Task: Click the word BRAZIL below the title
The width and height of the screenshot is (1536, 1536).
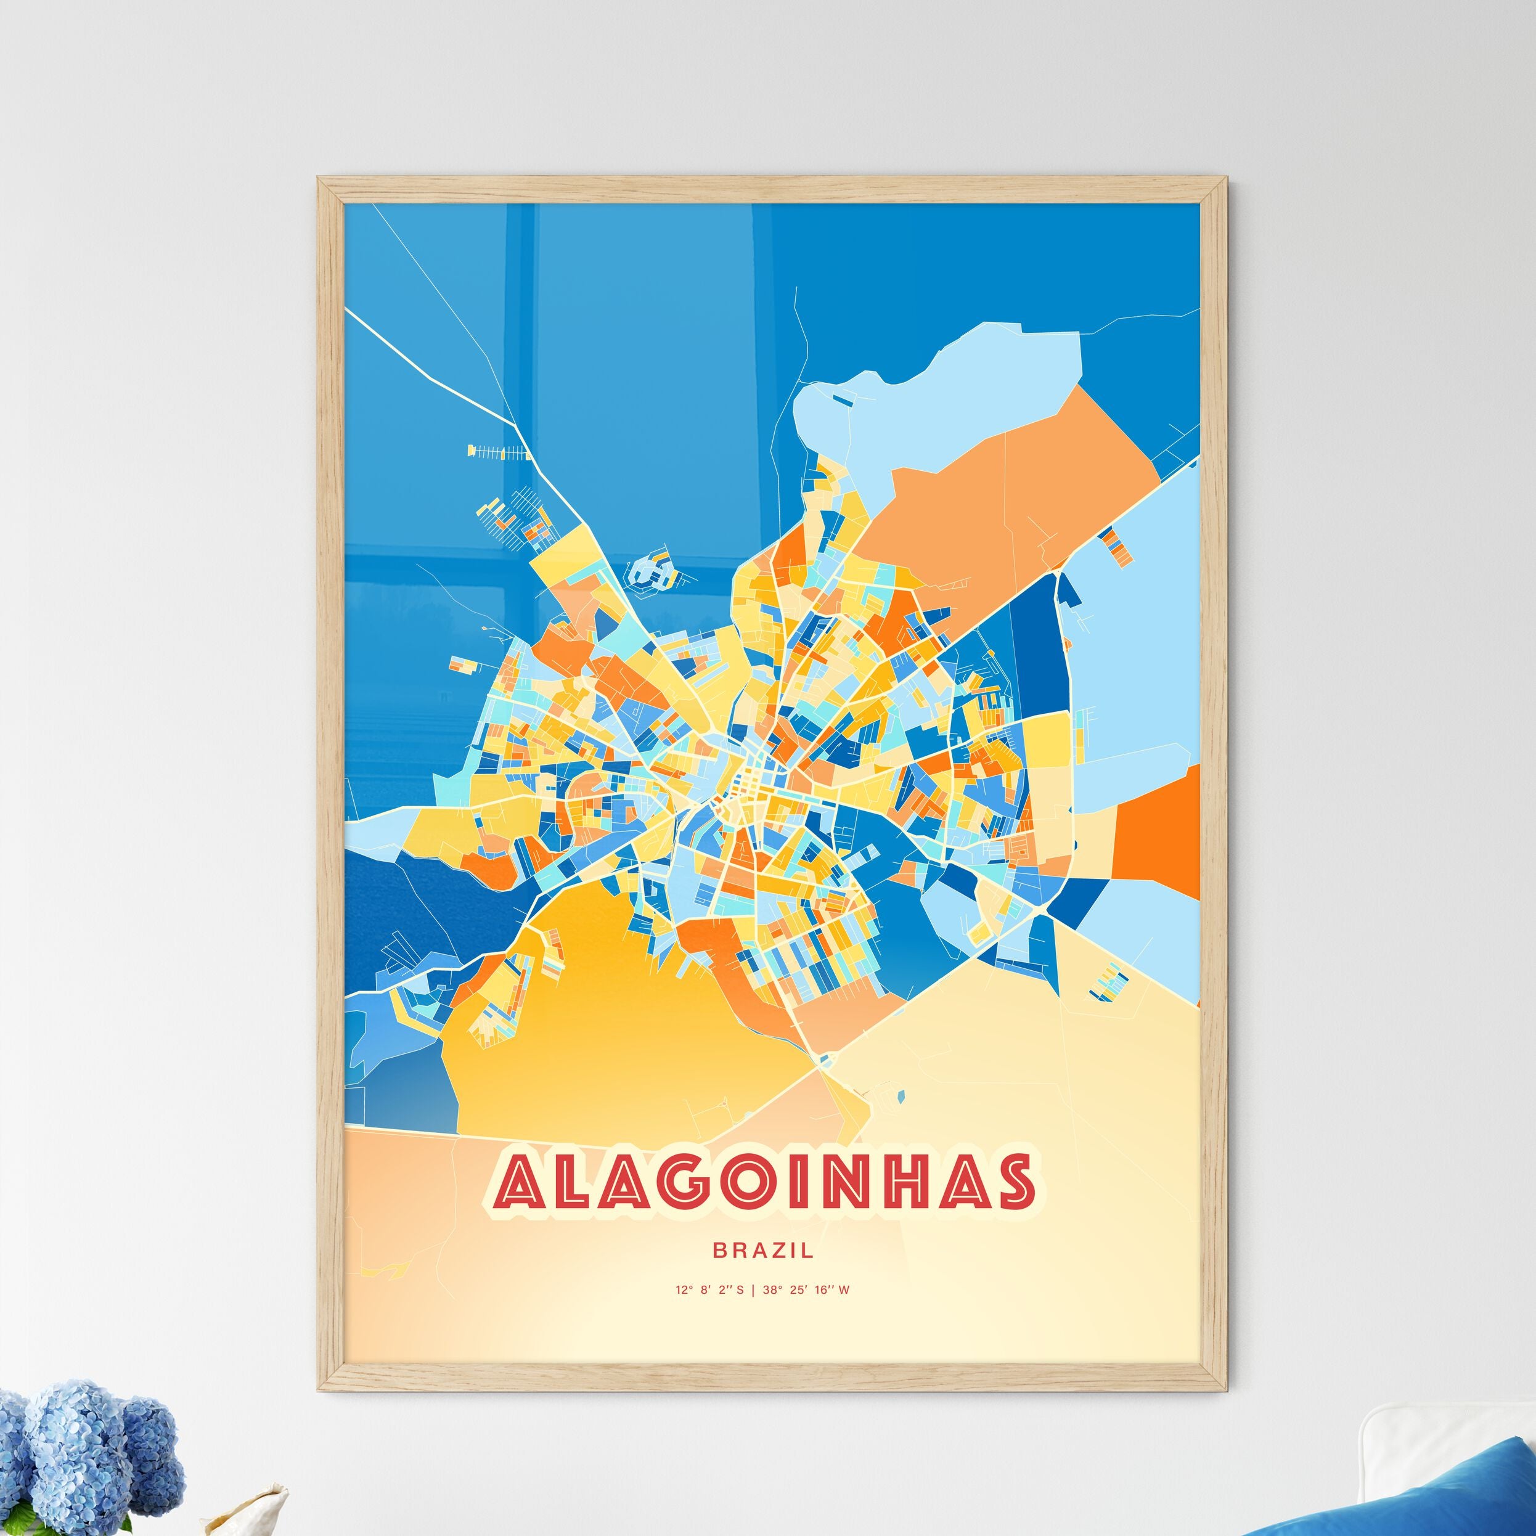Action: click(762, 1251)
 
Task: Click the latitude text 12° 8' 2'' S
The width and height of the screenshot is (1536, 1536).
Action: click(710, 1290)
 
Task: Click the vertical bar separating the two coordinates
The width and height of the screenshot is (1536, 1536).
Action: click(753, 1290)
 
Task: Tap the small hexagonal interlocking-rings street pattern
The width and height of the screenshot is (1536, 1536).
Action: click(650, 571)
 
